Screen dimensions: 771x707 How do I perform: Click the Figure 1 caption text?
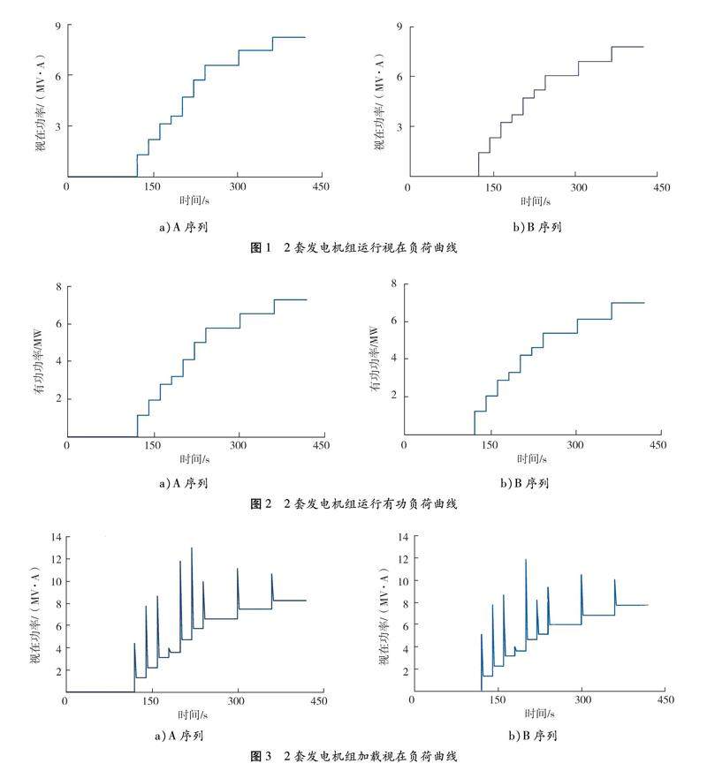click(x=353, y=250)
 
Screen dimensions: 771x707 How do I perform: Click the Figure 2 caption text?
click(x=353, y=504)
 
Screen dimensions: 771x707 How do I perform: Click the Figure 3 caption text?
click(x=353, y=757)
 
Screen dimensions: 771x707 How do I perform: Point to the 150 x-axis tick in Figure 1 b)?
click(x=491, y=188)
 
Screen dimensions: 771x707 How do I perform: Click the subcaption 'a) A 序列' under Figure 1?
click(x=183, y=227)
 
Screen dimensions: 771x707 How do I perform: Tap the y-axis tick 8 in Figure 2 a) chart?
click(x=57, y=286)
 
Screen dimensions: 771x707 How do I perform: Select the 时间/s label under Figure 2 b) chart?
click(x=530, y=459)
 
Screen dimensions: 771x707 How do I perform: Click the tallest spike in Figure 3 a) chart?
click(x=192, y=549)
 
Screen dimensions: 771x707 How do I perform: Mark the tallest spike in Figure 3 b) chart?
click(x=526, y=560)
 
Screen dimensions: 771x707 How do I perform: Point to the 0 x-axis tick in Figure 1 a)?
click(x=66, y=188)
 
